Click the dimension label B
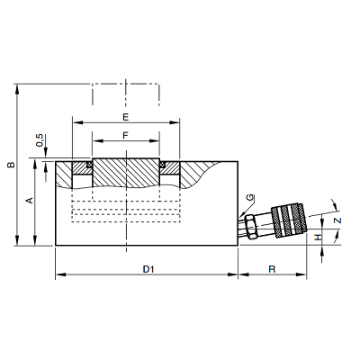tap(11, 165)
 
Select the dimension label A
tap(30, 201)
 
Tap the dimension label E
tap(126, 117)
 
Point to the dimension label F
tap(126, 136)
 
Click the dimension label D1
tap(148, 269)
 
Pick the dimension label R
tap(272, 269)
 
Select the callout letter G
tap(250, 198)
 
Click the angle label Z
tap(338, 220)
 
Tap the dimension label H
tap(319, 238)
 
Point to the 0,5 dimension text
tap(40, 140)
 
